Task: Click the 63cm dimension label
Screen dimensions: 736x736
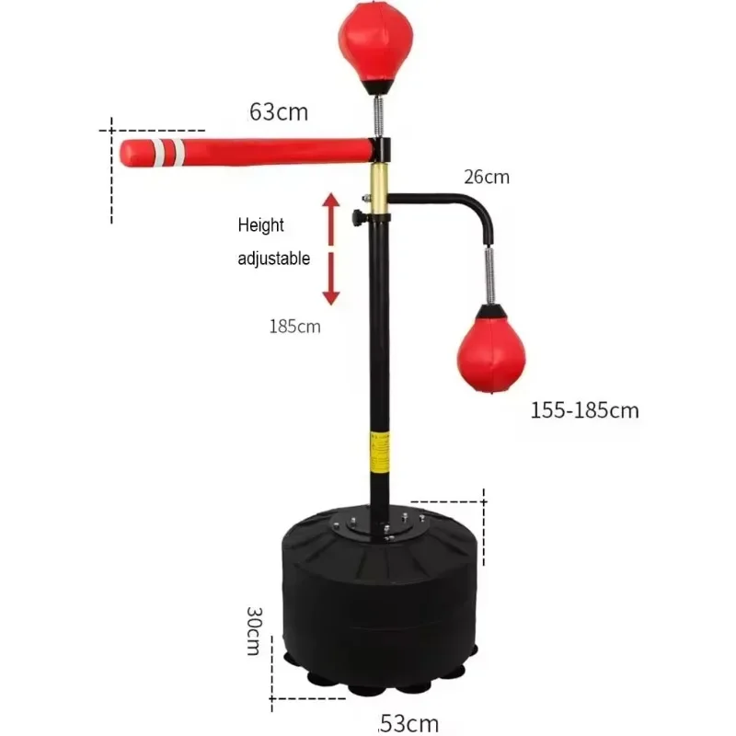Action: point(279,112)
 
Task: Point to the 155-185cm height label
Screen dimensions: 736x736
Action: point(584,410)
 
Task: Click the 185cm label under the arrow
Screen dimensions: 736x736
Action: point(295,326)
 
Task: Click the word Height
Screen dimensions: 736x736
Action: point(261,225)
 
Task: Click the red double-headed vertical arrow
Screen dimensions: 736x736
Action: point(330,247)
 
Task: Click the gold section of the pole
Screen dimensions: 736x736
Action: point(378,184)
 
